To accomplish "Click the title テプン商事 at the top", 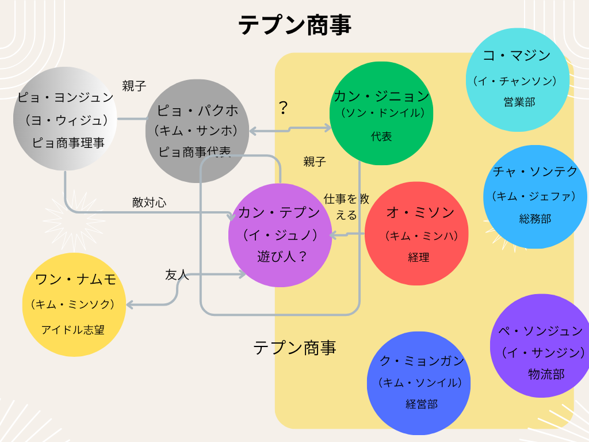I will tap(294, 25).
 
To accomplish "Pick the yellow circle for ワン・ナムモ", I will tap(74, 304).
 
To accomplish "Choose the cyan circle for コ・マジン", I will tap(517, 77).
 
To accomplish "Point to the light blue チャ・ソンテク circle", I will tap(535, 196).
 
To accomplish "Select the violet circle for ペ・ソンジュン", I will tap(541, 345).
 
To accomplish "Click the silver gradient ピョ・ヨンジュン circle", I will tap(64, 119).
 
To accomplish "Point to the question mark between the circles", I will tap(283, 108).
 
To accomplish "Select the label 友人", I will tap(177, 275).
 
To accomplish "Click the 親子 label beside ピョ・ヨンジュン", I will tap(134, 86).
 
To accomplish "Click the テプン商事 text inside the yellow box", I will tap(294, 348).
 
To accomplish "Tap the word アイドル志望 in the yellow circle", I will tap(73, 330).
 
